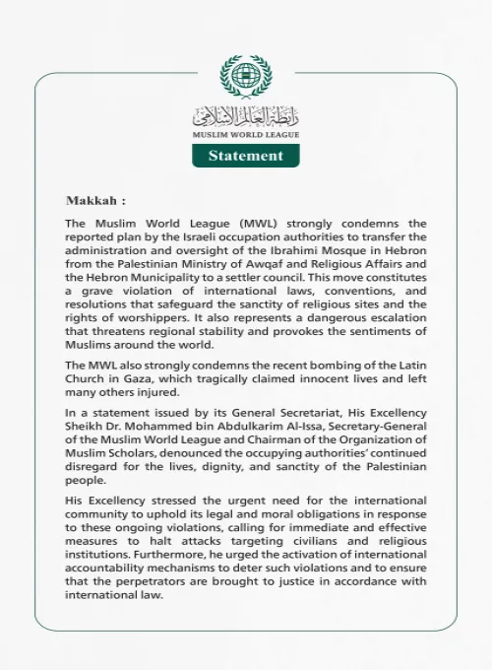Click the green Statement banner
(x=245, y=156)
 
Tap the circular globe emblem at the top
(x=245, y=77)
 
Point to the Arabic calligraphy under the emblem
(x=245, y=114)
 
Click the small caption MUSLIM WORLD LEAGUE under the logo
(x=245, y=134)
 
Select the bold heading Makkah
(x=95, y=199)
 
